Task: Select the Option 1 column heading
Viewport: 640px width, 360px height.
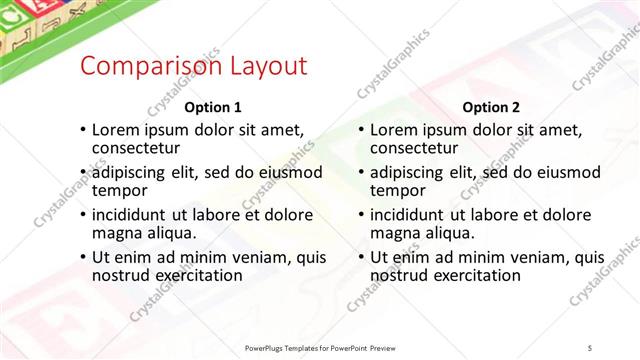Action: [x=213, y=107]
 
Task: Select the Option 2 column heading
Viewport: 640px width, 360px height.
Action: [x=490, y=107]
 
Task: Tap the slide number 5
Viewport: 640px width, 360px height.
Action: [x=591, y=348]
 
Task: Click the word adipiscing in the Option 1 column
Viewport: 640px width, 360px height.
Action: [x=133, y=172]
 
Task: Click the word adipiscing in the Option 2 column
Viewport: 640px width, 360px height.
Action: [x=411, y=172]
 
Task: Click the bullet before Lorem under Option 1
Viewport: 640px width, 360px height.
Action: [x=82, y=130]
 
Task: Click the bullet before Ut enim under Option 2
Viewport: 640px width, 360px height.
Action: [x=360, y=258]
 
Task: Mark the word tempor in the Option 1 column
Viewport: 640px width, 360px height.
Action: [x=120, y=190]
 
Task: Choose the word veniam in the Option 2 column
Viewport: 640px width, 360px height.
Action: [x=542, y=257]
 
